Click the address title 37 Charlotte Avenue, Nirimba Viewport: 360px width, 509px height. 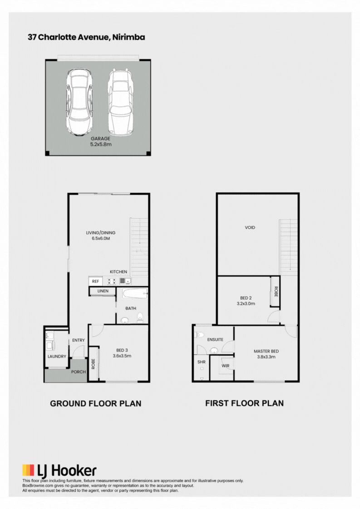[86, 37]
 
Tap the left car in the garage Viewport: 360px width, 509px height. [79, 102]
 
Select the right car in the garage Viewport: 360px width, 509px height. [120, 102]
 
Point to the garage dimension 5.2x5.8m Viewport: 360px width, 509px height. [101, 144]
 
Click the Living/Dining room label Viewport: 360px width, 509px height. [101, 233]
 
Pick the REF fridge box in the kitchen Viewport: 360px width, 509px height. [95, 281]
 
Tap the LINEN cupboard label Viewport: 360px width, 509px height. [103, 291]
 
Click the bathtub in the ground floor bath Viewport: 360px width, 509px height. [135, 294]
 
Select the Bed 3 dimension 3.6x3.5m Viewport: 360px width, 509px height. [122, 356]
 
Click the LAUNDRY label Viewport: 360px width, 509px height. [57, 357]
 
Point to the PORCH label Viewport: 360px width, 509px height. [79, 372]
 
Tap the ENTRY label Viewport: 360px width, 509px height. [79, 340]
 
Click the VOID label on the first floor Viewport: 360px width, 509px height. [250, 228]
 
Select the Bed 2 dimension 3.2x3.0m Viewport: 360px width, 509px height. [246, 304]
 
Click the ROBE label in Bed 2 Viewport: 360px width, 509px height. [276, 292]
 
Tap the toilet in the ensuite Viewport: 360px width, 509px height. [199, 335]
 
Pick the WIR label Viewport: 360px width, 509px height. [226, 366]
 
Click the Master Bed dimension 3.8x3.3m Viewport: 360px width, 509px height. [266, 357]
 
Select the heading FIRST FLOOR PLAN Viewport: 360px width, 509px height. [244, 403]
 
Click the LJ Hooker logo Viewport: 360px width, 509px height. [59, 471]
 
